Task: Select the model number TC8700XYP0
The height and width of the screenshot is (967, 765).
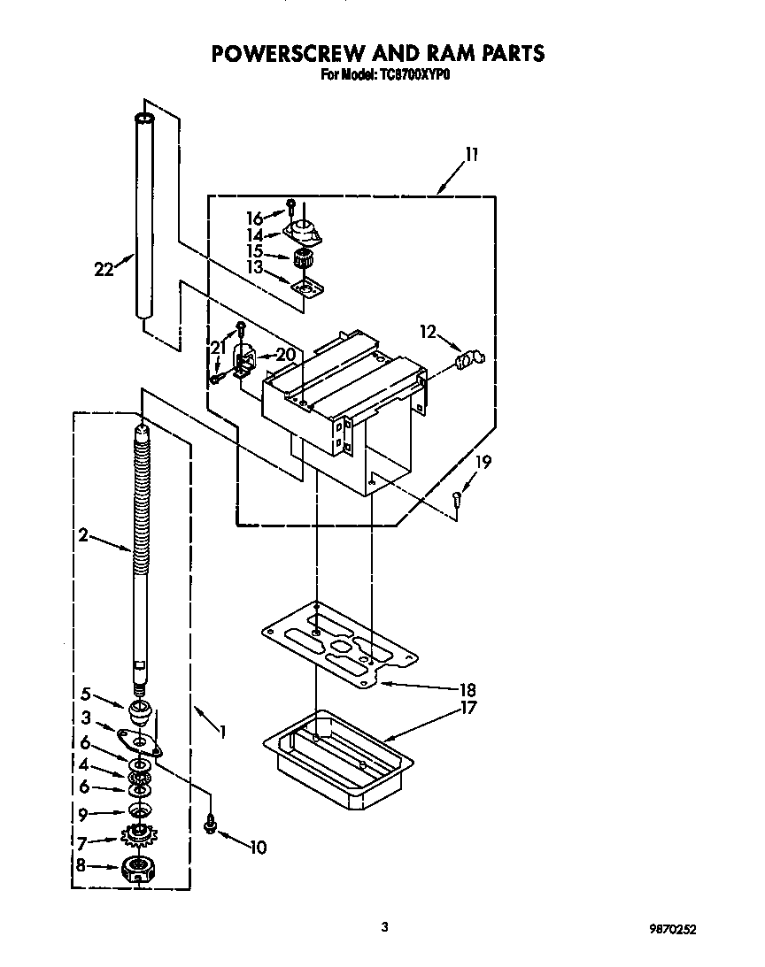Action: pos(415,75)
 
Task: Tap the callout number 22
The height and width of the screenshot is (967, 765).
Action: pos(104,270)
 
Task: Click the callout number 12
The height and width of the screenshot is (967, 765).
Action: pos(429,332)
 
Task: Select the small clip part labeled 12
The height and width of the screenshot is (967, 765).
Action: pos(470,358)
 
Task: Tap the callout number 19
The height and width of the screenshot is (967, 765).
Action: pos(483,461)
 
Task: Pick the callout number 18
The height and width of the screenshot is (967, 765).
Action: pos(467,690)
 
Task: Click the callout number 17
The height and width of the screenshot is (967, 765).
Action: pos(467,708)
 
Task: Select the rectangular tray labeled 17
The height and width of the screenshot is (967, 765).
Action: pos(339,757)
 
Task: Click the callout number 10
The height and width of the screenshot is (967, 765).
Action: pos(257,847)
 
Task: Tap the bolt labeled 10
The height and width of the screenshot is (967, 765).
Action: pos(211,825)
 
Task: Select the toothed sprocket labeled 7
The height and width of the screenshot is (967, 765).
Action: pos(137,834)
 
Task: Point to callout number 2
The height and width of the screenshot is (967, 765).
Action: pos(83,534)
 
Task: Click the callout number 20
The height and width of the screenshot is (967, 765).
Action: pos(284,354)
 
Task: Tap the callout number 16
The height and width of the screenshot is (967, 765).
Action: pos(254,218)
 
